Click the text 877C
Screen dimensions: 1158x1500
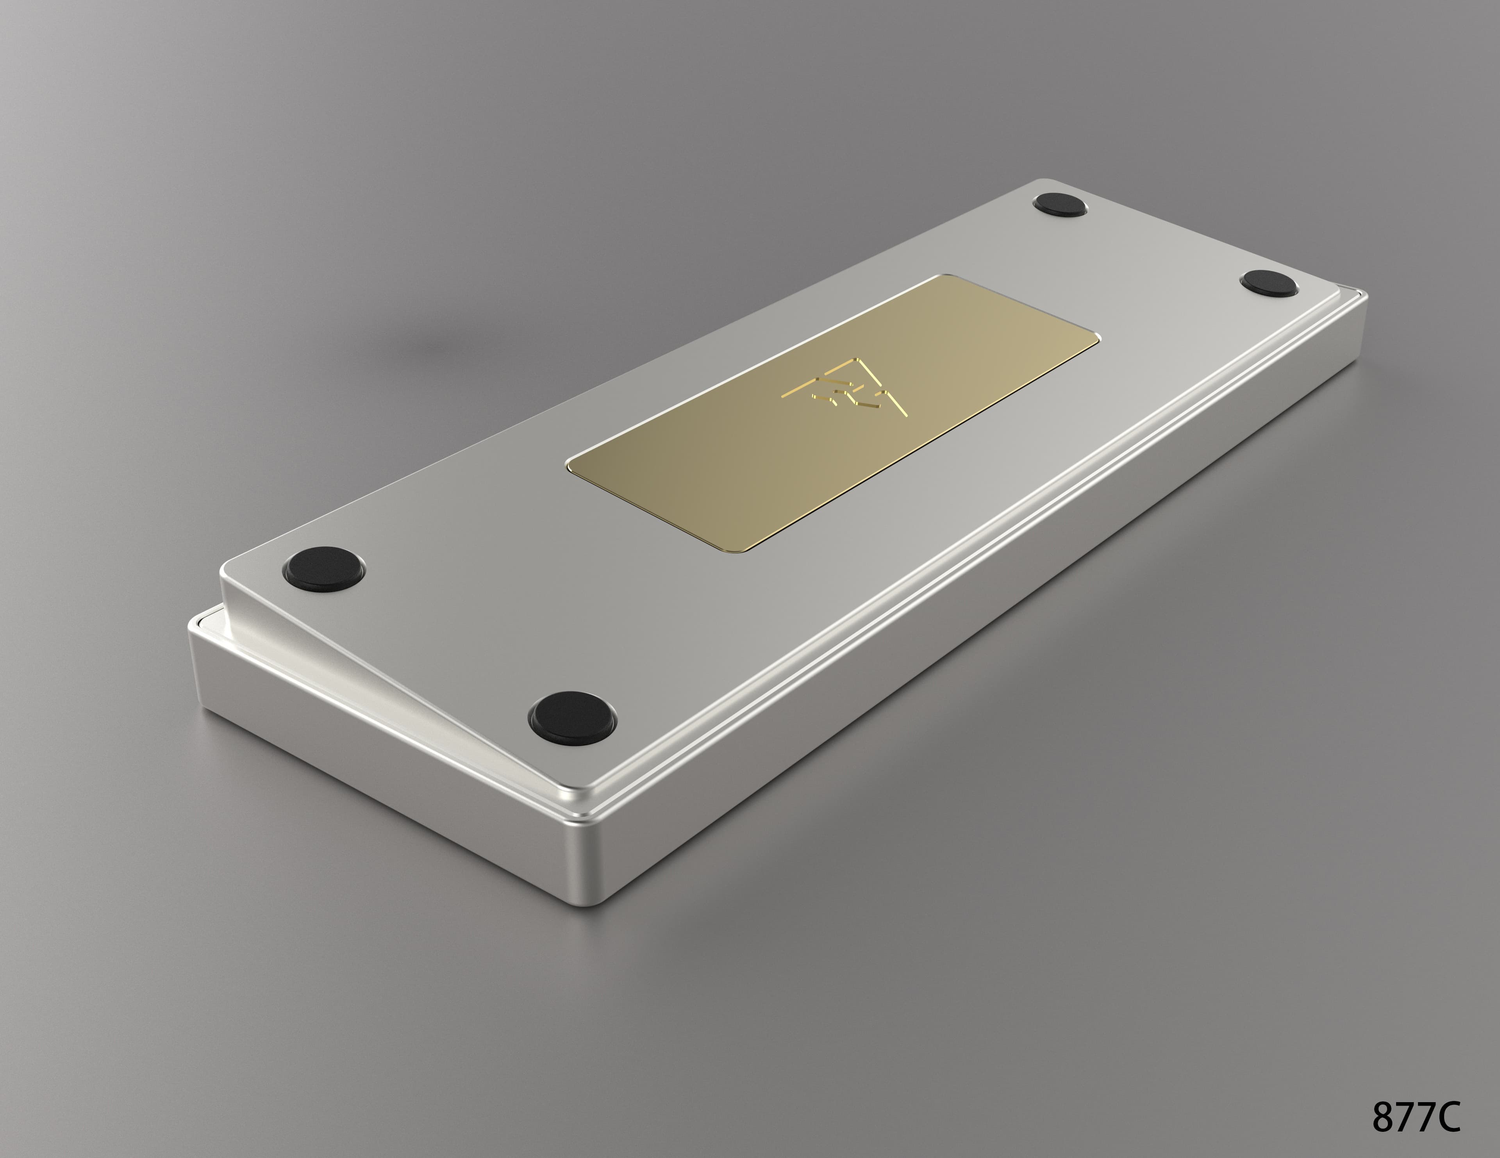click(x=1416, y=1117)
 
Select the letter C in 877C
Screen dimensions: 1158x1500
click(x=1448, y=1117)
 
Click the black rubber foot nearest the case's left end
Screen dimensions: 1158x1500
click(x=323, y=567)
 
